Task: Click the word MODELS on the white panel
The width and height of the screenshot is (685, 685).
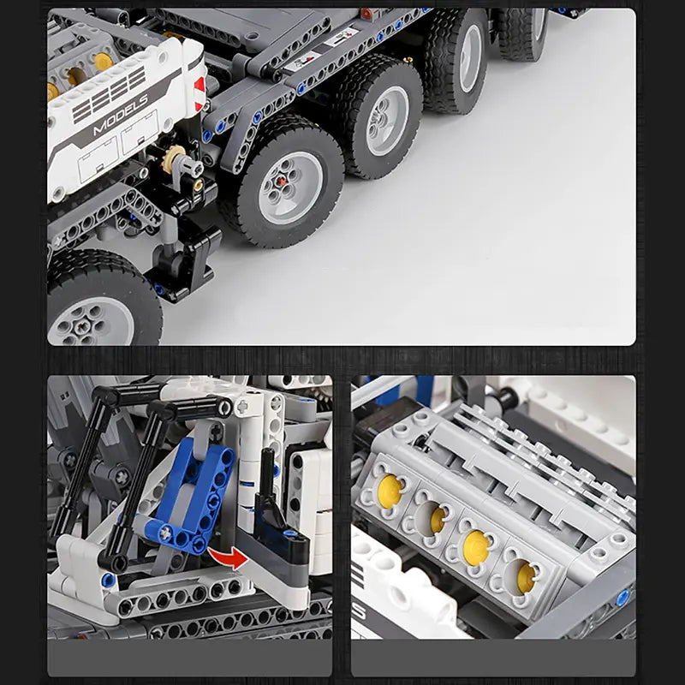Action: pos(121,115)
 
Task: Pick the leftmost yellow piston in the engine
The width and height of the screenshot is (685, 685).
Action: pos(390,491)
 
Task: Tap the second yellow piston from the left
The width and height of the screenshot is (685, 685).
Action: pos(438,520)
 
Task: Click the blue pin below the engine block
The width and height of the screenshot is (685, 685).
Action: pos(622,598)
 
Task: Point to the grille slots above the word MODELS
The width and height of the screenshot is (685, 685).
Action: pos(109,94)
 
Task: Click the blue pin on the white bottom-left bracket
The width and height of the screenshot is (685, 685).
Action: pos(108,581)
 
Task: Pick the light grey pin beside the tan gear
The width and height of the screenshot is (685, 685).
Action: pos(187,165)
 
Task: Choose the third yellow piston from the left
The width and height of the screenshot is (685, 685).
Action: pos(476,548)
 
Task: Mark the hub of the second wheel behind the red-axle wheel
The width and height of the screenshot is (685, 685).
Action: pos(471,58)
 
